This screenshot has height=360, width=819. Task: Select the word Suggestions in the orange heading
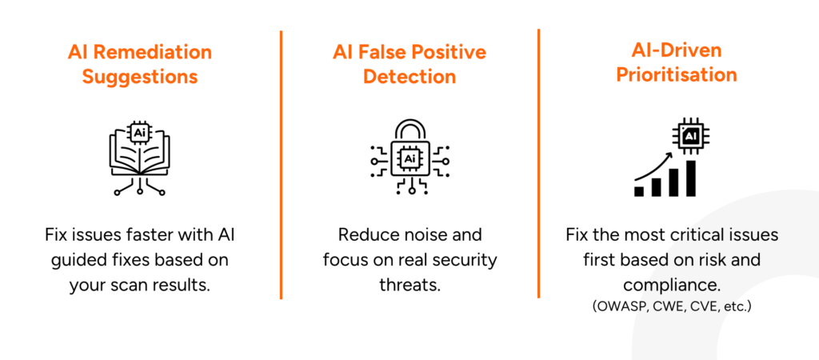(139, 78)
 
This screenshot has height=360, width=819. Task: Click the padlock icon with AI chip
(409, 155)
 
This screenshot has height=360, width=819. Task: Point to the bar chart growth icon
(665, 159)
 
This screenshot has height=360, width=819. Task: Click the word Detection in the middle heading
(409, 78)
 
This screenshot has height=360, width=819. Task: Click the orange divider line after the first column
(281, 164)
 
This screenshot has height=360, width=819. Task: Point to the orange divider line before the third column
(538, 164)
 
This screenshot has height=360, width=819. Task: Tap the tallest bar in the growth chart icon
(690, 177)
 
